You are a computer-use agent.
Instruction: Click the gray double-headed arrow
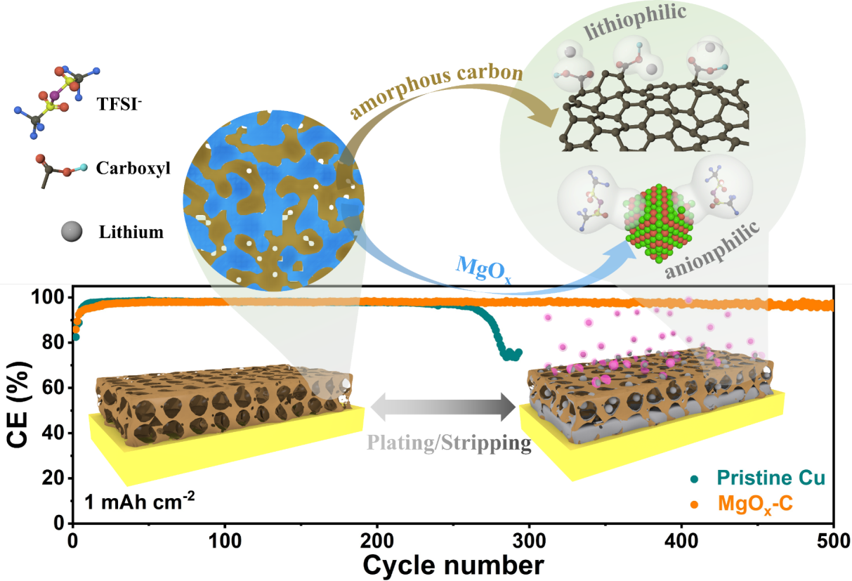[444, 407]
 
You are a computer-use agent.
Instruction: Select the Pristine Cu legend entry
[770, 478]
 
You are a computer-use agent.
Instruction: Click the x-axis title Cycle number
[453, 564]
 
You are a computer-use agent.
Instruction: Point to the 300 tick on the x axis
[530, 538]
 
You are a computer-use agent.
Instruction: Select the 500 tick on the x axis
[833, 538]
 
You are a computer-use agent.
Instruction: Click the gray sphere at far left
[72, 231]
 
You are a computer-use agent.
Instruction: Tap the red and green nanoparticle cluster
[657, 219]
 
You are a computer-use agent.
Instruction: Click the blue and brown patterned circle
[274, 201]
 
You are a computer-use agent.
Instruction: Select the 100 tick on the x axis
[225, 538]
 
